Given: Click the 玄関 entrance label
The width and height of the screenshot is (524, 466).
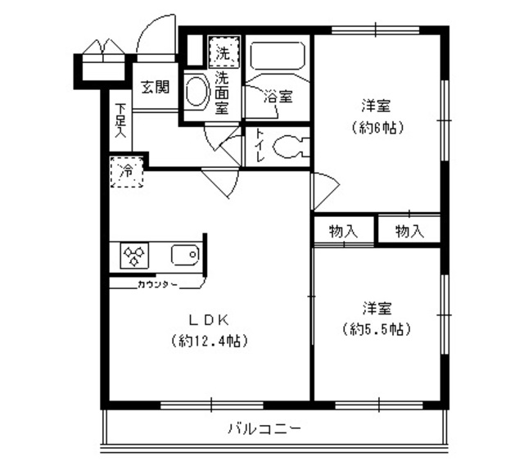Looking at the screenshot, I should (x=154, y=87).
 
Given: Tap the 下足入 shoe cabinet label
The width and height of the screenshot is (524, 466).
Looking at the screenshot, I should (x=120, y=120).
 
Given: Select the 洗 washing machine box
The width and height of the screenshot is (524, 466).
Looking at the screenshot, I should (x=223, y=52).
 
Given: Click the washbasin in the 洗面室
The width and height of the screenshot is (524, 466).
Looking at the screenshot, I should (x=196, y=92).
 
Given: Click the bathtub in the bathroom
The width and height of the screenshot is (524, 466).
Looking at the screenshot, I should (x=278, y=57).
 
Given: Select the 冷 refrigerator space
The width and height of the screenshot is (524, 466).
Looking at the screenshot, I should (x=127, y=173).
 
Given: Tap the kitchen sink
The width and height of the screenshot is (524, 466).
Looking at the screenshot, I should (x=184, y=256).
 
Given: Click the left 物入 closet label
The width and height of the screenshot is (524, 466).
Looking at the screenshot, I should (x=344, y=231).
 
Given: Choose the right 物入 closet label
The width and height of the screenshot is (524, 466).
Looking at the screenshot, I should (x=409, y=231).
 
